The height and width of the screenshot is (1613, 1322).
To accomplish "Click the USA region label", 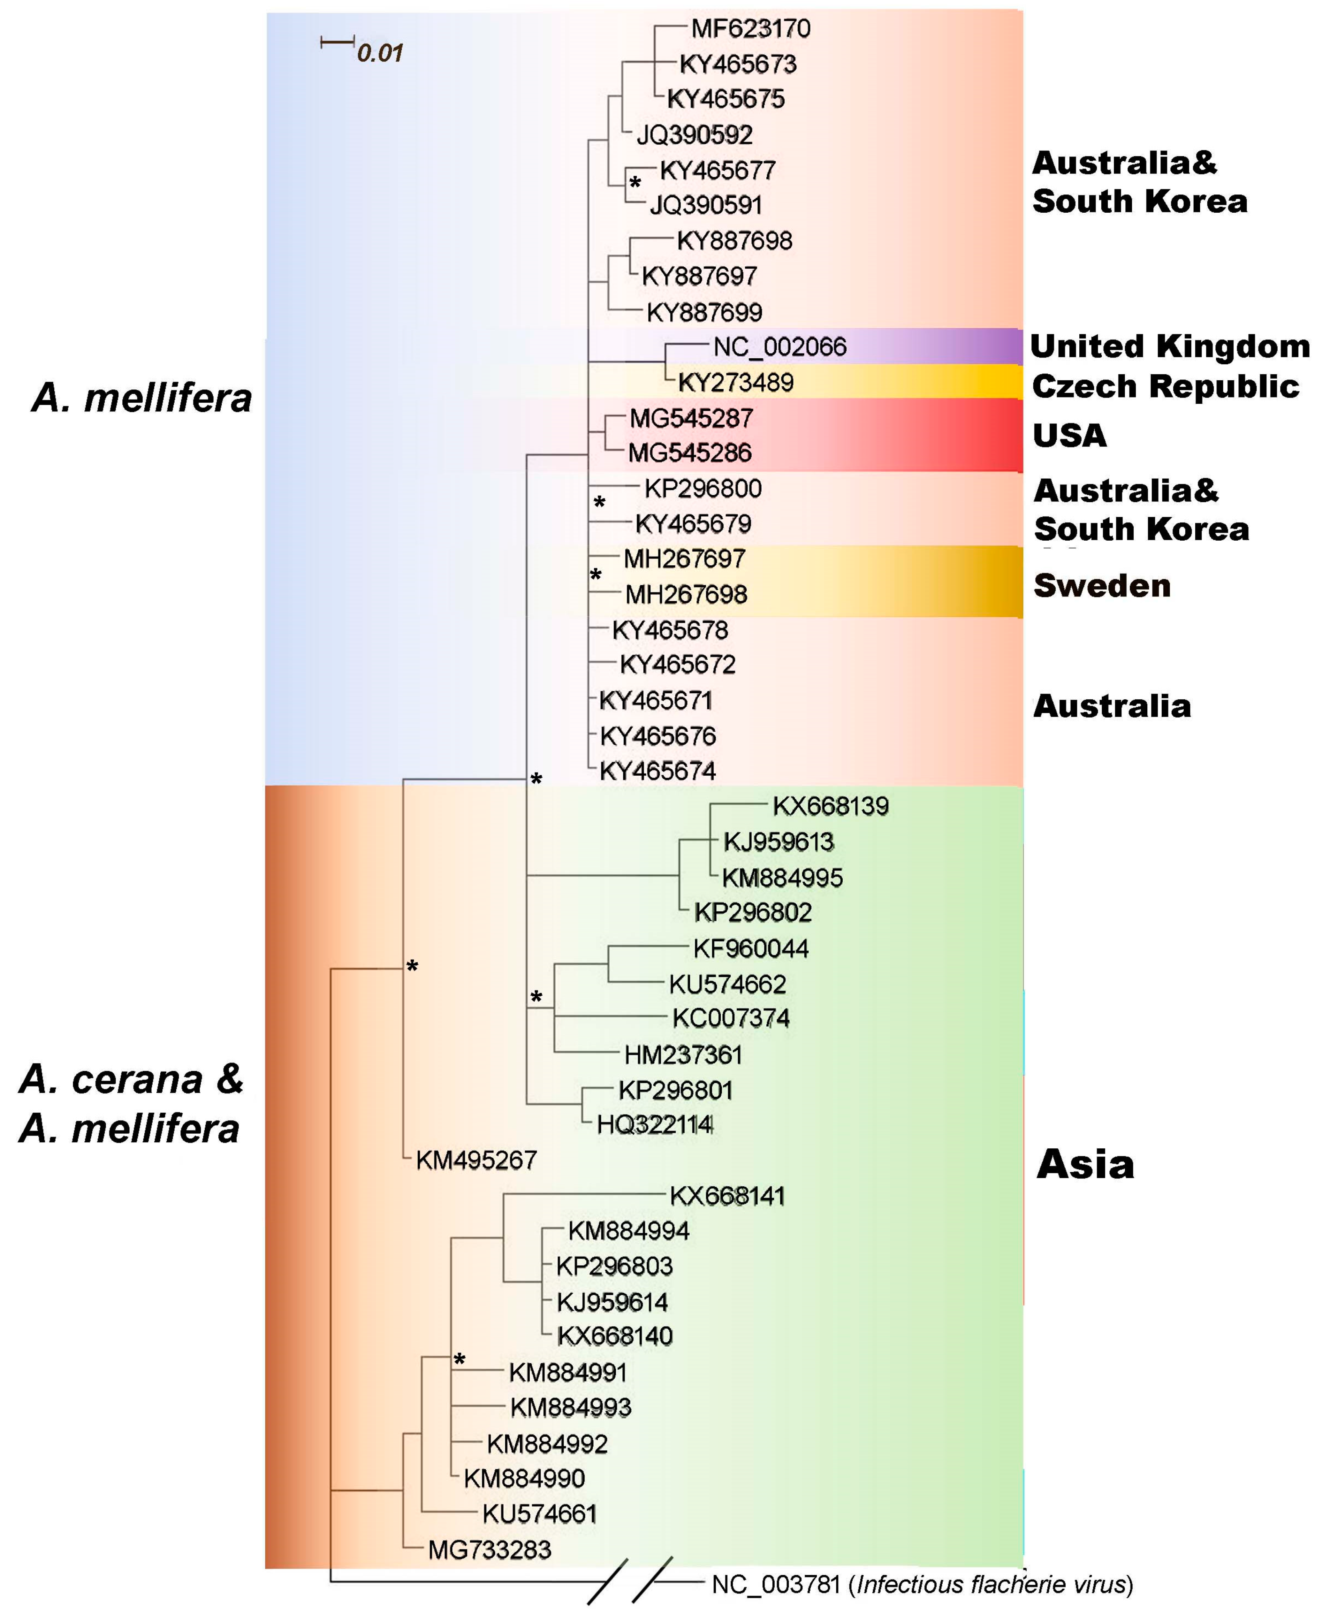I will [1069, 435].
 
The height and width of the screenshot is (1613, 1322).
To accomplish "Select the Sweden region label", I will [1101, 586].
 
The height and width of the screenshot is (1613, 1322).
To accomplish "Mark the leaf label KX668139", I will [830, 806].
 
